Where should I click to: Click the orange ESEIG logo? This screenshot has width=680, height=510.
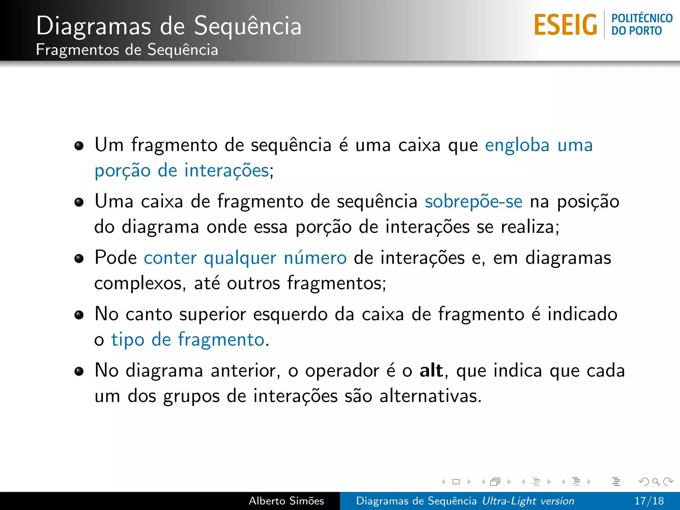pos(565,25)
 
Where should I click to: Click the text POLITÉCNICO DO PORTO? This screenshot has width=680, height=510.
pos(641,24)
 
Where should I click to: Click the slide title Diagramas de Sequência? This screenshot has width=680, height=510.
pos(169,26)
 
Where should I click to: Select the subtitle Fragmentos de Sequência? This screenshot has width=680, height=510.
pos(127,50)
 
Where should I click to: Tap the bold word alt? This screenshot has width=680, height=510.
pos(431,370)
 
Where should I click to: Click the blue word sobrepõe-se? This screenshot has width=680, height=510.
pos(473,202)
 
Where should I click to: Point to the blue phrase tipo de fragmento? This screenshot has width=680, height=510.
pos(188,340)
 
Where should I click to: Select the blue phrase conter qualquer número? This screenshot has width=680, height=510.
pos(245,258)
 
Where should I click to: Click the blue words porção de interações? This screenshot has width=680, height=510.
pos(182,171)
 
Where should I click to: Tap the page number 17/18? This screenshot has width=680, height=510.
pos(649,501)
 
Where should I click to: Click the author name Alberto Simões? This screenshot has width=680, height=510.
pos(286,501)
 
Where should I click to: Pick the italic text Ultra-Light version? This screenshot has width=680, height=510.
pos(528,501)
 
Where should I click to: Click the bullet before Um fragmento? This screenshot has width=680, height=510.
pos(79,145)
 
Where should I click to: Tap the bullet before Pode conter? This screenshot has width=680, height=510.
pos(79,258)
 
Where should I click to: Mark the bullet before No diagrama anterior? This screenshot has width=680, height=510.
pos(79,371)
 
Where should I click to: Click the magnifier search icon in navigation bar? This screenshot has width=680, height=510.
pos(656,481)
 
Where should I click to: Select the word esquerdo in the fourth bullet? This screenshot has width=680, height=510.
pos(290,314)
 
